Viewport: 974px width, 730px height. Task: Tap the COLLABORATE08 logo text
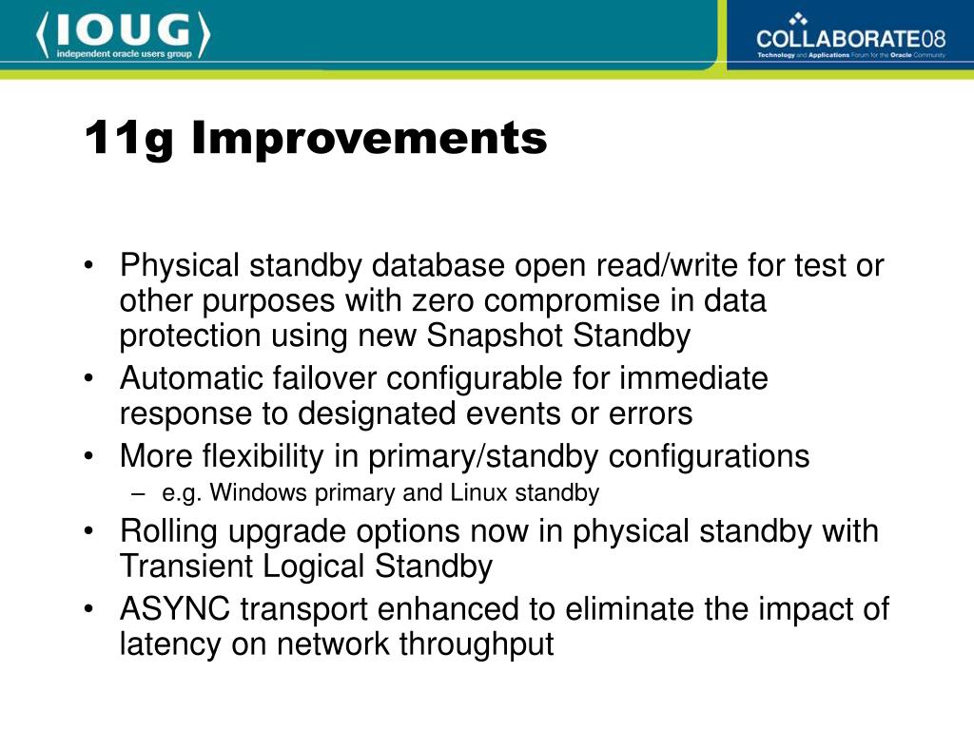coord(851,38)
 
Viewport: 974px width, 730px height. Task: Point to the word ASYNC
coord(175,608)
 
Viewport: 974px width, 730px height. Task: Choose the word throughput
coord(477,644)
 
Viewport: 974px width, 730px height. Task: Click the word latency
coord(170,644)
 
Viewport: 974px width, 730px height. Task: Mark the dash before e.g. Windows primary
coord(138,494)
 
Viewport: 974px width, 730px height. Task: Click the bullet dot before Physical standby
coord(88,266)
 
